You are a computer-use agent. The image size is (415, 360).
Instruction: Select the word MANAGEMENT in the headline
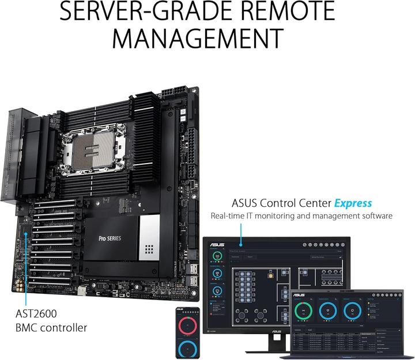coord(197,37)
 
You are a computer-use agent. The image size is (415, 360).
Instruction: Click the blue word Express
coord(353,203)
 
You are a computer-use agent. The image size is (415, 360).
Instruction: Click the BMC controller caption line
coord(51,328)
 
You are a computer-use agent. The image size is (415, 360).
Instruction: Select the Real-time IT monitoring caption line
coord(301,216)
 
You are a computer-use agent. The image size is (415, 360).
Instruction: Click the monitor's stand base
coord(271,351)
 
